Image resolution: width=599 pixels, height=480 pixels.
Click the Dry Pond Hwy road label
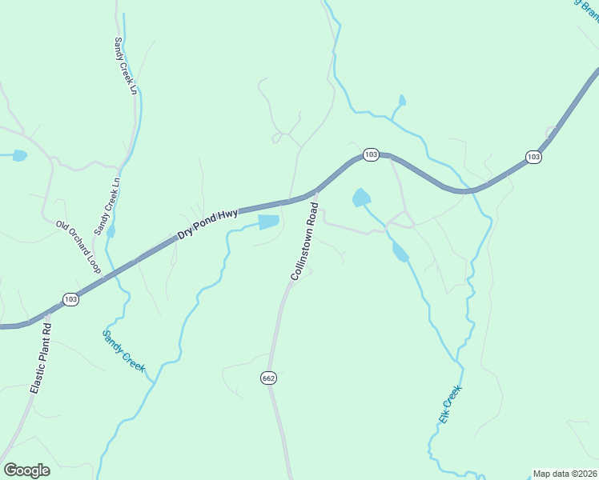207,225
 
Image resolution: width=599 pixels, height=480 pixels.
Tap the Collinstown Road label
305,241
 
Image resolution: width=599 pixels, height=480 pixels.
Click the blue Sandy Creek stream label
123,350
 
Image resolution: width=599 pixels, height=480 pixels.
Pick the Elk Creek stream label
450,406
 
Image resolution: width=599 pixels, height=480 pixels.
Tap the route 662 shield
268,377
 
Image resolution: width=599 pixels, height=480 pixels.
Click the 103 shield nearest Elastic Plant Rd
70,299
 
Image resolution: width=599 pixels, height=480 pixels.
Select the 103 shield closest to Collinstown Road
370,154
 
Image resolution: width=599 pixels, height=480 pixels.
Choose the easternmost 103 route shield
534,157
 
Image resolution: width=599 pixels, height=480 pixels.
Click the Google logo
26,470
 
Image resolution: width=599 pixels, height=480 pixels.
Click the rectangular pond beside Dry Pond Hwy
268,222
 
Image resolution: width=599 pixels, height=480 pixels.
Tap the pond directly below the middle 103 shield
361,197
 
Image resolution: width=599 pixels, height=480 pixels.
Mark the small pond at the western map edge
18,155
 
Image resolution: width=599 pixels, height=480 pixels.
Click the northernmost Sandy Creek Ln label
127,66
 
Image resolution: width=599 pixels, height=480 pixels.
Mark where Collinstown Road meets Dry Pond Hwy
316,192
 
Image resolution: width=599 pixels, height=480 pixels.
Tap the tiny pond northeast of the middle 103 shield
402,101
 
